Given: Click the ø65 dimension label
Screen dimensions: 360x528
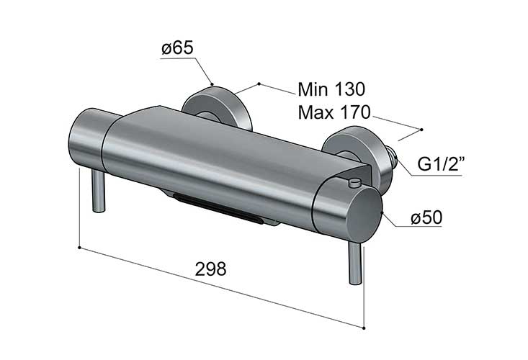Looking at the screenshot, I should [x=177, y=49].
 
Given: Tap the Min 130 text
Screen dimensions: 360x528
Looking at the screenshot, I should [x=332, y=89].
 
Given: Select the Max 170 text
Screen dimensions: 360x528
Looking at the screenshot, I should [x=333, y=113].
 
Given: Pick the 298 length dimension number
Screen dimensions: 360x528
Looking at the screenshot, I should [x=211, y=269].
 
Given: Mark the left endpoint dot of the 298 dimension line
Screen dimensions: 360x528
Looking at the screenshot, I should [x=79, y=248].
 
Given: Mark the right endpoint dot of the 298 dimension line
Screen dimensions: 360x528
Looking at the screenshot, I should [x=364, y=328].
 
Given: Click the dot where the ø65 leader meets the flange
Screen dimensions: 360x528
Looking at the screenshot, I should [x=212, y=84].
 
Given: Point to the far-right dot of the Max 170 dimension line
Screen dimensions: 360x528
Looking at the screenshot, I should [x=422, y=130].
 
